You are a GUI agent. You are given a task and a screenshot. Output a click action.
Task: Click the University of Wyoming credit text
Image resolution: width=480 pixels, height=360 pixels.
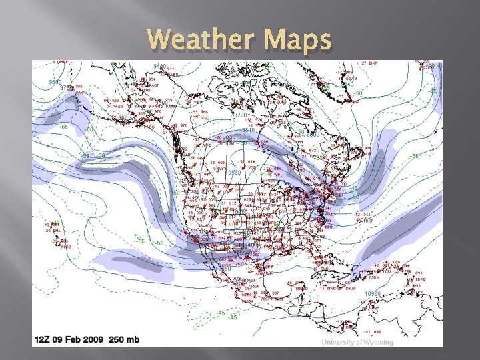(357, 342)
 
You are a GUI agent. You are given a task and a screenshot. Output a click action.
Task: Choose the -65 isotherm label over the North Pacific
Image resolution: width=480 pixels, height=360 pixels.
(65, 126)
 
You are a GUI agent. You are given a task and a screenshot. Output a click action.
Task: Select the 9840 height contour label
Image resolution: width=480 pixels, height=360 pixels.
(247, 131)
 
